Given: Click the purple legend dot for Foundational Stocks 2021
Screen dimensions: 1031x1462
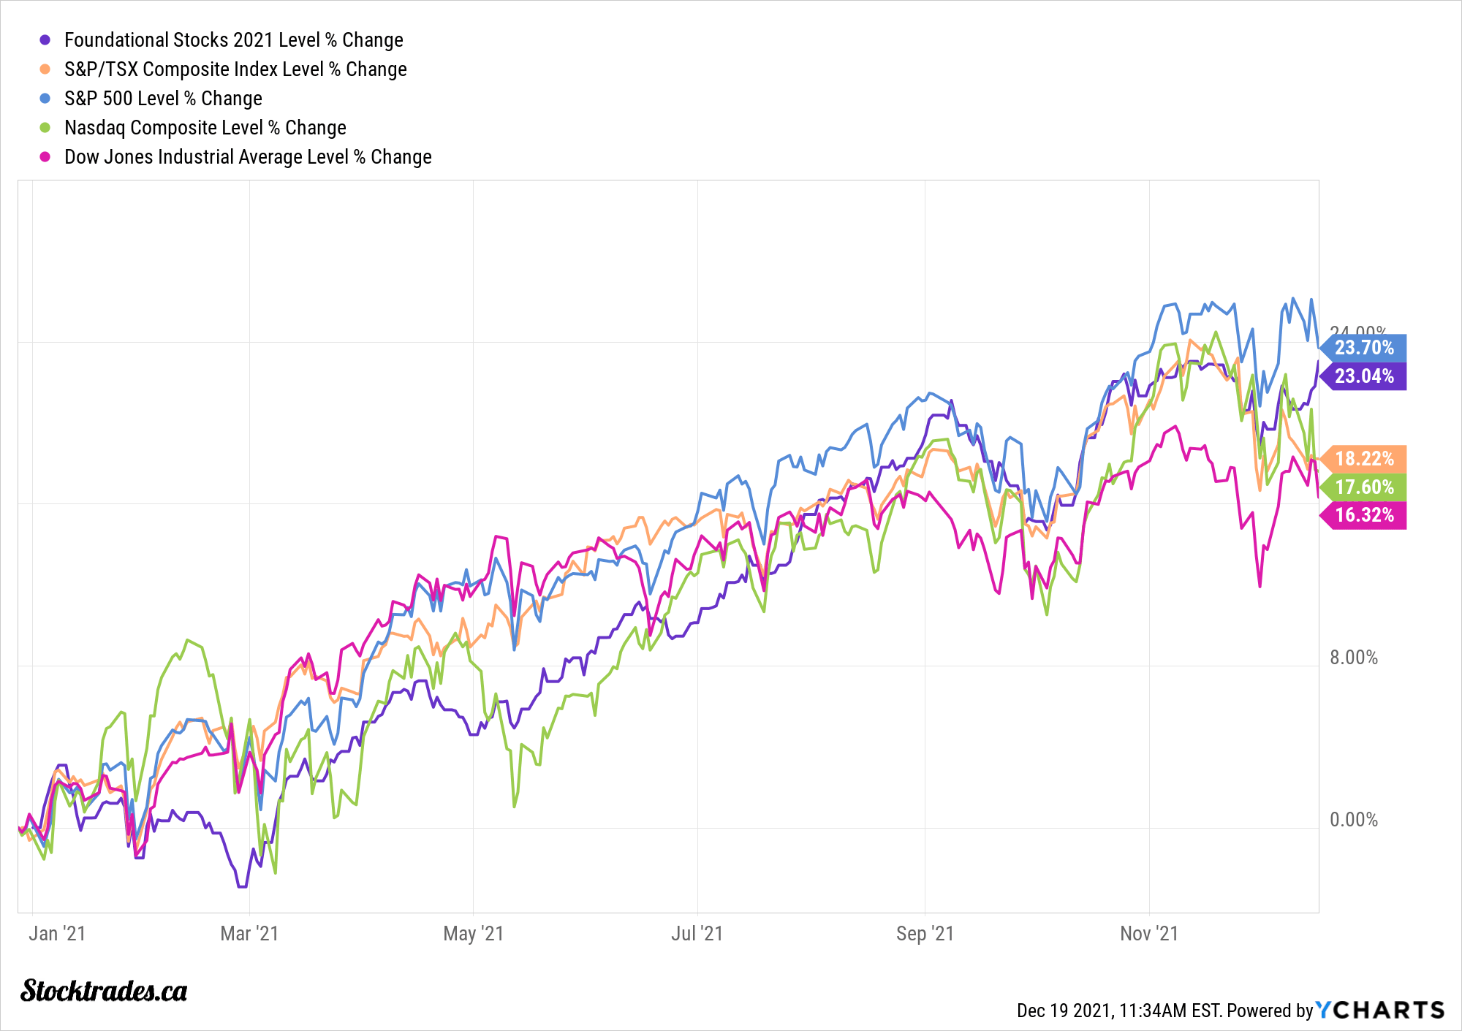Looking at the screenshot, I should (x=45, y=40).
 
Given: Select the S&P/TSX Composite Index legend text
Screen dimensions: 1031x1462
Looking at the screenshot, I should (x=235, y=69).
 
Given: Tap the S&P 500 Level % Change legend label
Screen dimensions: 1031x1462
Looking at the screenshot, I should (x=163, y=99).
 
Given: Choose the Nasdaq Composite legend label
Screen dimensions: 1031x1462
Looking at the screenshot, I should (x=205, y=128).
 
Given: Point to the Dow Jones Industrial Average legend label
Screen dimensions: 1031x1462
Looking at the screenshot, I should (x=248, y=157).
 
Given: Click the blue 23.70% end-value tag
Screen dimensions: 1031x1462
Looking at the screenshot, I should (x=1364, y=348).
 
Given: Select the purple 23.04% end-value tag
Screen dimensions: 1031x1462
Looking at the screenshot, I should (x=1364, y=376).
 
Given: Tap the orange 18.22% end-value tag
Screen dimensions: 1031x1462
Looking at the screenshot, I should (x=1364, y=459).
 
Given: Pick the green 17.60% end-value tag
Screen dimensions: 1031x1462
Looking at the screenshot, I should (x=1364, y=487).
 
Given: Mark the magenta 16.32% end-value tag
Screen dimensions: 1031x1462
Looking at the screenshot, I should (x=1364, y=515).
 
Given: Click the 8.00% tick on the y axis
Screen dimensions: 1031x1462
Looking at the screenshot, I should (x=1353, y=658).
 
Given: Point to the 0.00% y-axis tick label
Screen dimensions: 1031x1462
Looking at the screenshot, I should (x=1353, y=820).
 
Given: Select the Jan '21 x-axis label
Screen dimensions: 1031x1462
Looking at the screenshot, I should (x=57, y=934).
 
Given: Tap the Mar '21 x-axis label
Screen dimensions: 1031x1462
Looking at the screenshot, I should (x=249, y=934).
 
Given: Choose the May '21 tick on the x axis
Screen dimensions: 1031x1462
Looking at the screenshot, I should (x=473, y=934).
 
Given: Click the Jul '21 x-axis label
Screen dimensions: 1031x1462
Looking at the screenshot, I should (x=697, y=934).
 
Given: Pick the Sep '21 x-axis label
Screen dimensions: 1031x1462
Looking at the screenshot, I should (x=925, y=934).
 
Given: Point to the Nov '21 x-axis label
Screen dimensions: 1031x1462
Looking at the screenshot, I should (x=1149, y=934).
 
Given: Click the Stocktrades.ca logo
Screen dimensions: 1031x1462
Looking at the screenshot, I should (x=104, y=991).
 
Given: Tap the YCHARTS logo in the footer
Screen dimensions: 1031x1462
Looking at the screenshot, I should (x=1380, y=1010).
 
